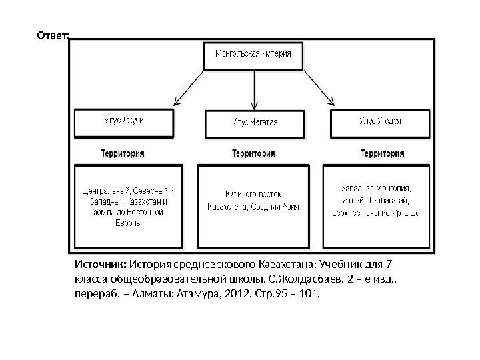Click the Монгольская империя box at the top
tap(253, 55)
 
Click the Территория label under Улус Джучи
tap(123, 153)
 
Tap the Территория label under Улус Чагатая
tap(254, 153)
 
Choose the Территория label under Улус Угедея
tap(382, 153)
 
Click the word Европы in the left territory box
tap(124, 223)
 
